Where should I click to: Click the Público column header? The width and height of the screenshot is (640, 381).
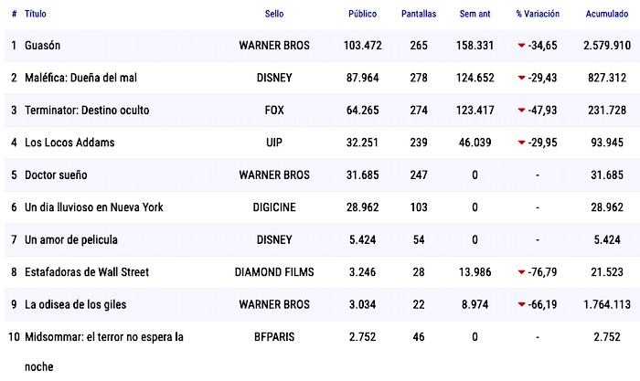[362, 15]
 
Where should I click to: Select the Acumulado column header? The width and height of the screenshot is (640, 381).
[605, 15]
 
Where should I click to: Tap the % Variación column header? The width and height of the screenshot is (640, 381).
[538, 15]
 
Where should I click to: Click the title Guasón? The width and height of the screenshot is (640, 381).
[43, 45]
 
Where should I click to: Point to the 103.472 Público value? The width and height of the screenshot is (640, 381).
[362, 45]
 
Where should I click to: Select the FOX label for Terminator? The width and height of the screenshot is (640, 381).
[273, 110]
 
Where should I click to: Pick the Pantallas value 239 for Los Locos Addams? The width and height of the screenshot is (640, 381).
[419, 143]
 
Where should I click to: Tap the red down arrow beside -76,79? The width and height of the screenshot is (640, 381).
[522, 272]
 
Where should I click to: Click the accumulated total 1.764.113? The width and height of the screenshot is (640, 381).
[605, 304]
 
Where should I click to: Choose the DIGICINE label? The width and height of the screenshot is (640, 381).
[273, 207]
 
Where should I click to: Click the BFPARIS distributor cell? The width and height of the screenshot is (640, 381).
[273, 337]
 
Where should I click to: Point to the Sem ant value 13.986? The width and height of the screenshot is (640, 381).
[475, 272]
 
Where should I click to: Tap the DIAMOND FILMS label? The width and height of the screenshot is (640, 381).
[273, 272]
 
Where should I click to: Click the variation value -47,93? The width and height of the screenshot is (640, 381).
[543, 110]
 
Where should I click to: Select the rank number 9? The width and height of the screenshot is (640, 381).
[14, 304]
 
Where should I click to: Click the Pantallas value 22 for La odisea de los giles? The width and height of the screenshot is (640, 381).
[419, 304]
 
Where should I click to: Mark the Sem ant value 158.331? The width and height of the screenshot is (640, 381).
[475, 45]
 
